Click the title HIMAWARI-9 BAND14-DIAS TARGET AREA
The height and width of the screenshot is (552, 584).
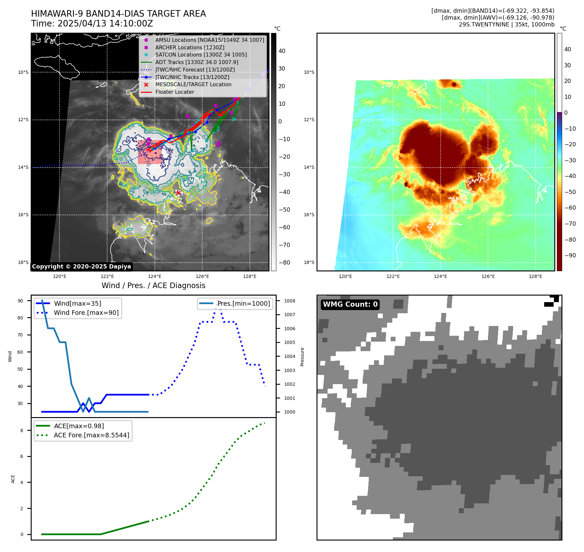tap(118, 14)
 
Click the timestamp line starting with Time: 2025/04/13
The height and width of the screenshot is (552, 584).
tap(92, 24)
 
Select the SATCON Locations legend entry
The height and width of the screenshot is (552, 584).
tap(201, 55)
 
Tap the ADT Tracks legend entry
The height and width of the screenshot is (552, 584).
tap(197, 62)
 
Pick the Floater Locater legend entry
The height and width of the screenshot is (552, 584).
tap(174, 92)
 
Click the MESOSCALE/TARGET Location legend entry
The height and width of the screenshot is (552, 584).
tap(193, 85)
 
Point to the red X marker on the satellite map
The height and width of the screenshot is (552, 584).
tap(178, 193)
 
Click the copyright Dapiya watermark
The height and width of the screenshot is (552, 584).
tap(81, 267)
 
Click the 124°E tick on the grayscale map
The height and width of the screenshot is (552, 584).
tap(154, 276)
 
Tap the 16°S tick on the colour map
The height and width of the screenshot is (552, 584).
tap(309, 215)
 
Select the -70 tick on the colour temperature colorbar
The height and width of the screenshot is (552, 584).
tap(570, 224)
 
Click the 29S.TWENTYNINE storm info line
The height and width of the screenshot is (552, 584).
tap(506, 24)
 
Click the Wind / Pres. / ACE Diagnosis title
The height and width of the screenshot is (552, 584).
tap(153, 285)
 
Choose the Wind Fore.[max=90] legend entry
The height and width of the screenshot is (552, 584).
tap(86, 313)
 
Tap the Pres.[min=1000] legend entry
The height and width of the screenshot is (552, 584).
tap(244, 303)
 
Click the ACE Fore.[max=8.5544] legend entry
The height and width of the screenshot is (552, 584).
tap(91, 435)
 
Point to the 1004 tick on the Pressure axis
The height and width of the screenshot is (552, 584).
tap(289, 356)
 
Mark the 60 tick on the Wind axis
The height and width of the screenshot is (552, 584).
tap(20, 352)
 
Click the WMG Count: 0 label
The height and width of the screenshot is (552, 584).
tap(350, 304)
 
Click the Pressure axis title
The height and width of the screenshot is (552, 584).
tap(302, 357)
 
